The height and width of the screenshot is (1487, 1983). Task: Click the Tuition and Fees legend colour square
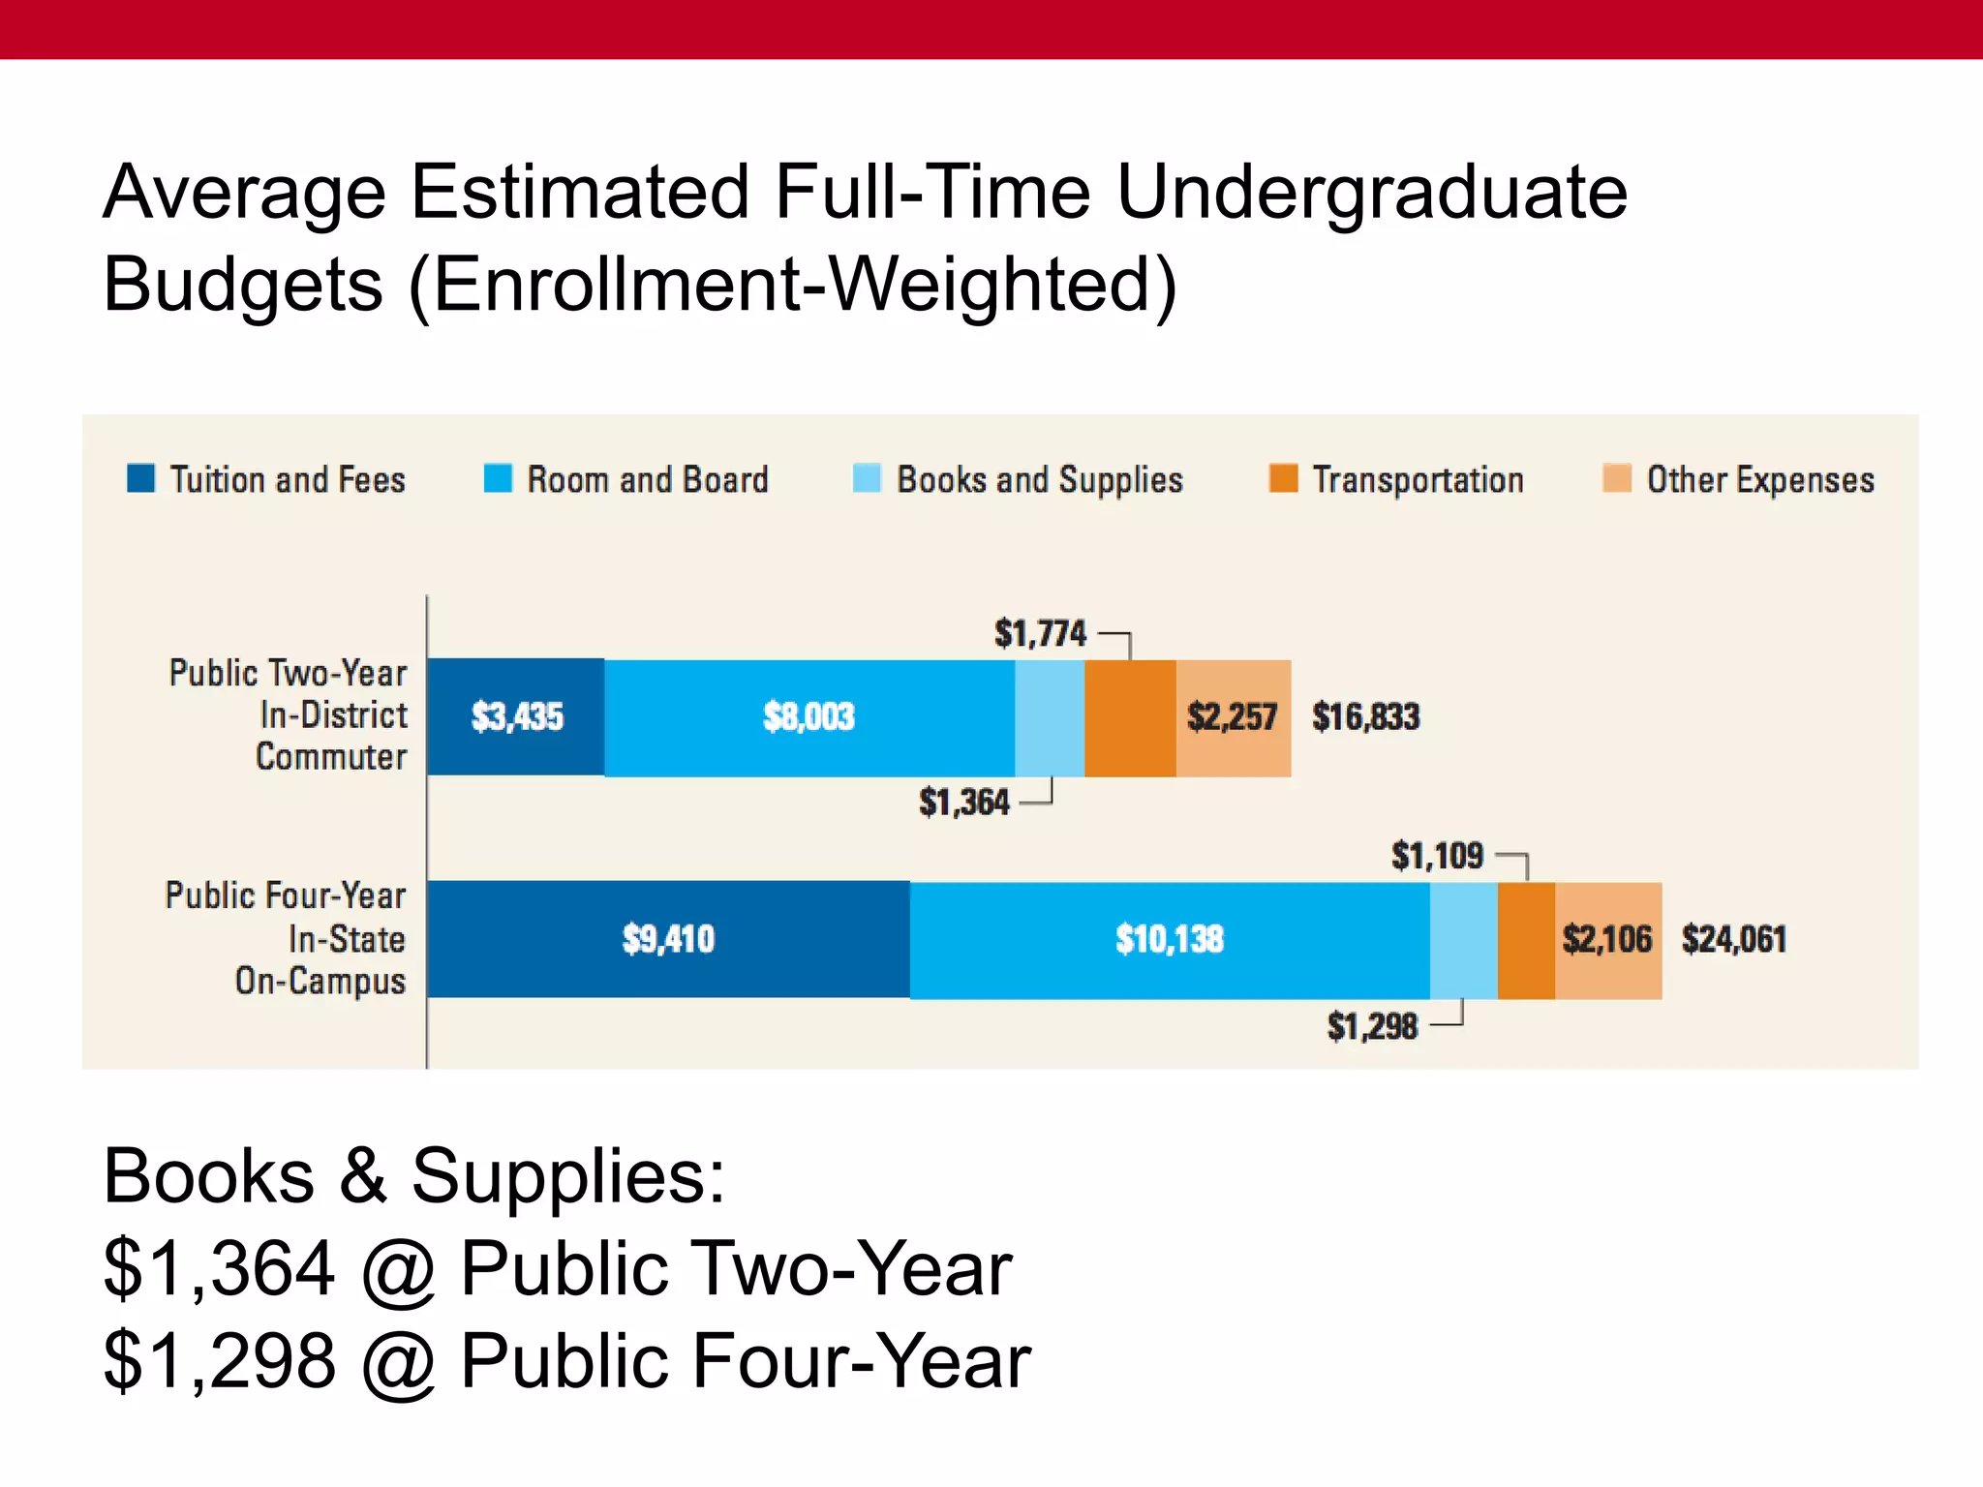point(141,478)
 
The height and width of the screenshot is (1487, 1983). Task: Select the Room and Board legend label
point(647,480)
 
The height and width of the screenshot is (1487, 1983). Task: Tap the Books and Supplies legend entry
point(1039,480)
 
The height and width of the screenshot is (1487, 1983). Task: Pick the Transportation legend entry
point(1417,480)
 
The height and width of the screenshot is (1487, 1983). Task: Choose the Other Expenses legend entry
point(1759,480)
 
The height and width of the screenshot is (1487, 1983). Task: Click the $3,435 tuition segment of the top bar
point(516,717)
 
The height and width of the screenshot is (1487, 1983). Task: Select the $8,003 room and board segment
point(808,717)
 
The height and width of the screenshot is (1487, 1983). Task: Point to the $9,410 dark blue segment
point(668,939)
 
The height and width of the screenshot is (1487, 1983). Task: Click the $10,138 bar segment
point(1169,939)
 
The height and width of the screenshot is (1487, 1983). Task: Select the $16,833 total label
point(1365,717)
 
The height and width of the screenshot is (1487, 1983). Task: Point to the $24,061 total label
point(1733,939)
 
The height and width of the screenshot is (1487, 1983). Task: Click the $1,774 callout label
point(1040,634)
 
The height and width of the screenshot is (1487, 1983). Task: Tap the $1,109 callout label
point(1437,856)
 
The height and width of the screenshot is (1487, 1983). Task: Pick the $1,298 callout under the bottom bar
point(1372,1026)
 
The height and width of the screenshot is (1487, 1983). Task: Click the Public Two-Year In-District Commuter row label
point(289,714)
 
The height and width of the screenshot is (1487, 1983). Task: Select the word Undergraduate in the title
point(1371,192)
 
